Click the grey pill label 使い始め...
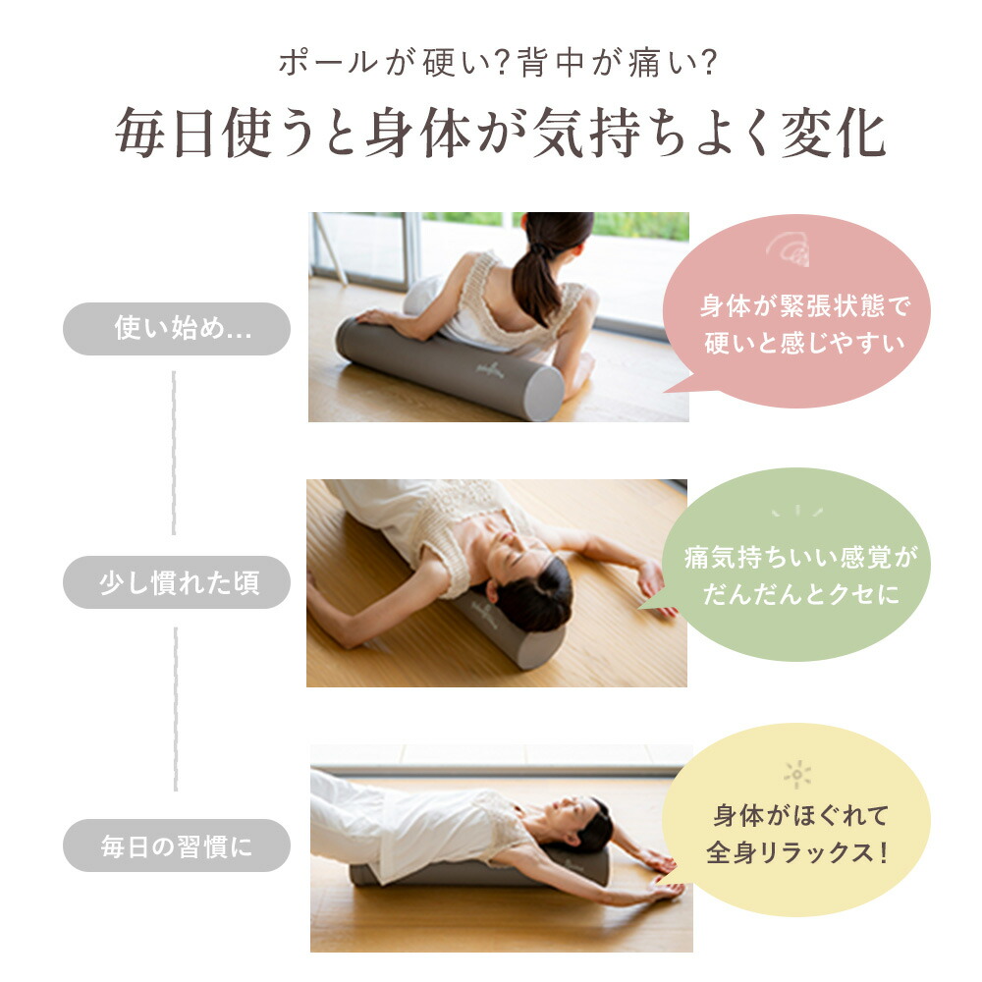[177, 329]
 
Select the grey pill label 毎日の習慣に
[177, 846]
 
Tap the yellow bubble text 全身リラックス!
[797, 850]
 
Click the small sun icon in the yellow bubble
[796, 776]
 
